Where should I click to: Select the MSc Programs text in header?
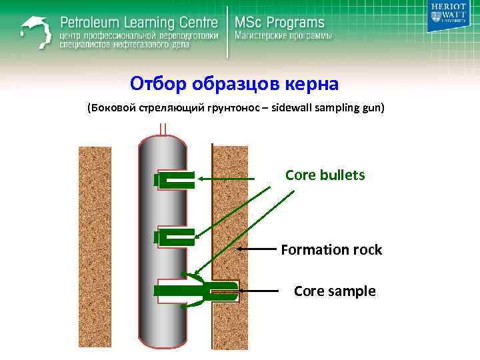279,22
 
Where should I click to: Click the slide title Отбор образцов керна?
235,84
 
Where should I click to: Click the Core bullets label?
325,175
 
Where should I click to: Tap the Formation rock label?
331,250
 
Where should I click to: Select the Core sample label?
335,291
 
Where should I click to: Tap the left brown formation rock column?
95,247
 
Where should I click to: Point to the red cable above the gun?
163,128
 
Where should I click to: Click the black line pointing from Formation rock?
257,249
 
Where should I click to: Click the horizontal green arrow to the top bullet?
227,179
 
